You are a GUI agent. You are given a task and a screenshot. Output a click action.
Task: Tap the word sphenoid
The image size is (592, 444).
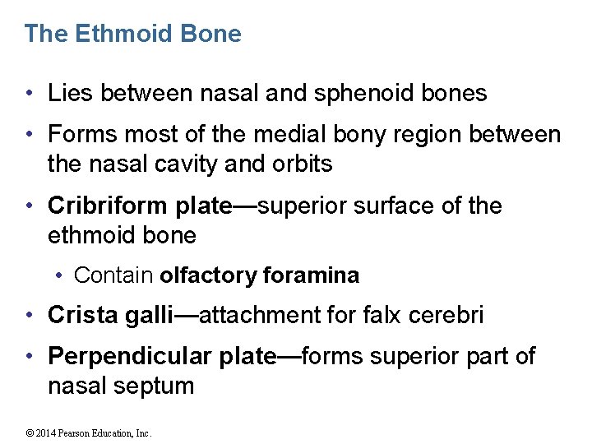click(362, 94)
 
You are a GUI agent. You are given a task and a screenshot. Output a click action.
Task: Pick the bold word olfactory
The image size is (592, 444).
click(209, 275)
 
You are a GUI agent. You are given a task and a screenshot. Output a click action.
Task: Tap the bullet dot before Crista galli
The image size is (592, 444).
click(30, 315)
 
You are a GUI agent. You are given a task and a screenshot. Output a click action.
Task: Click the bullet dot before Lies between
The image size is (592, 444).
click(30, 94)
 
